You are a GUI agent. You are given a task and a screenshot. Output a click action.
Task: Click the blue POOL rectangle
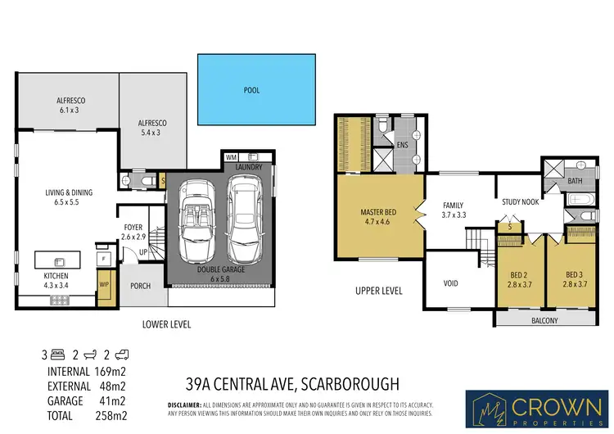256,89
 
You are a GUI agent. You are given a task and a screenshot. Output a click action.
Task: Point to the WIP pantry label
104,285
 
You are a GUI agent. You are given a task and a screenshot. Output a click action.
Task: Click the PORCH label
141,287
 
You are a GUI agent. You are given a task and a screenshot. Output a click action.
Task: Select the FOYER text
133,228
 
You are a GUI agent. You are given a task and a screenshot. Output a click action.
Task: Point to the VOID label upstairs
450,283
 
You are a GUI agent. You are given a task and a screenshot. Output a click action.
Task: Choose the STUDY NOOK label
520,201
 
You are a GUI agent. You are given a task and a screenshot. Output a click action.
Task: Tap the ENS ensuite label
402,144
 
